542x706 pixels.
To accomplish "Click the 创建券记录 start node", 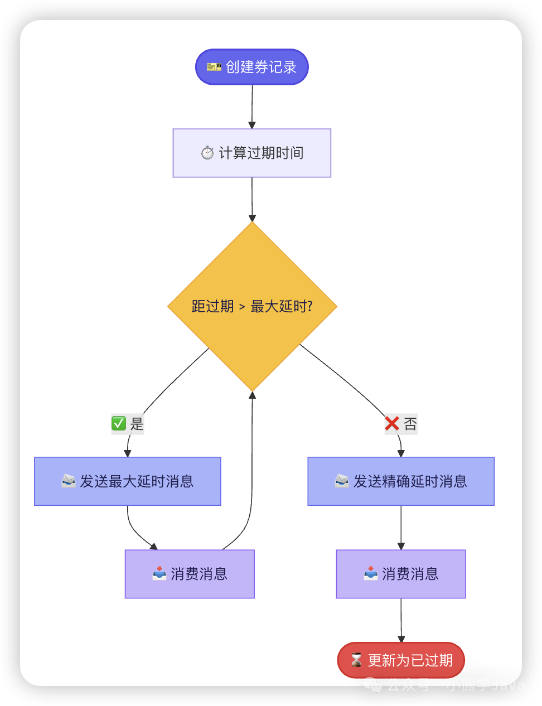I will [x=251, y=67].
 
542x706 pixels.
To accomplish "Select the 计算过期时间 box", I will [x=251, y=153].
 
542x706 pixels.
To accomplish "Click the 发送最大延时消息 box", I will [x=127, y=481].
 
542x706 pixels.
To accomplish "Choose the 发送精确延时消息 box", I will [x=400, y=481].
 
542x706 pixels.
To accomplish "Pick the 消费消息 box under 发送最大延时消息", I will [x=190, y=574].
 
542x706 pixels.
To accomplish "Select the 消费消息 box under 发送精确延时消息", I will [x=400, y=574].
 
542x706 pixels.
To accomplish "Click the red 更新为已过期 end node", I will [x=400, y=660].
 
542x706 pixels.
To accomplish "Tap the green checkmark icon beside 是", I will [x=119, y=424].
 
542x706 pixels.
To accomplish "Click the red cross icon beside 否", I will [x=392, y=424].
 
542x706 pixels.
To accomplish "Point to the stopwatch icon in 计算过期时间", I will [x=207, y=153].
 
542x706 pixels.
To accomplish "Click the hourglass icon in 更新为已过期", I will [x=356, y=660].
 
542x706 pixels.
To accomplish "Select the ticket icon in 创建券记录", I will [x=214, y=67].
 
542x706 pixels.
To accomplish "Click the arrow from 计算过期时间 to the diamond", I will [x=252, y=200].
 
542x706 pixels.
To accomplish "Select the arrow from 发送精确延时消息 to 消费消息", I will [x=401, y=528].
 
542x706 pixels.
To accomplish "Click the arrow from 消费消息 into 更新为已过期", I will [x=401, y=620].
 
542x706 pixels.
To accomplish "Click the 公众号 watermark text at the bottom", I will [x=408, y=685].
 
